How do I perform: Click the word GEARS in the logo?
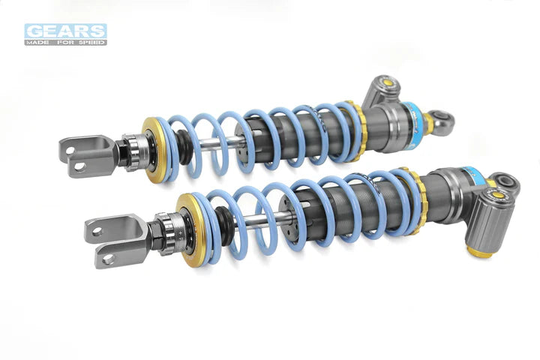coord(65,30)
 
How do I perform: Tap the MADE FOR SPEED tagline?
coord(65,42)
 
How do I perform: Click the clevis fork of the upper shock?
coord(85,155)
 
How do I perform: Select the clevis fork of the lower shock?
coord(113,239)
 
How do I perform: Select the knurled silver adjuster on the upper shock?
coord(135,152)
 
